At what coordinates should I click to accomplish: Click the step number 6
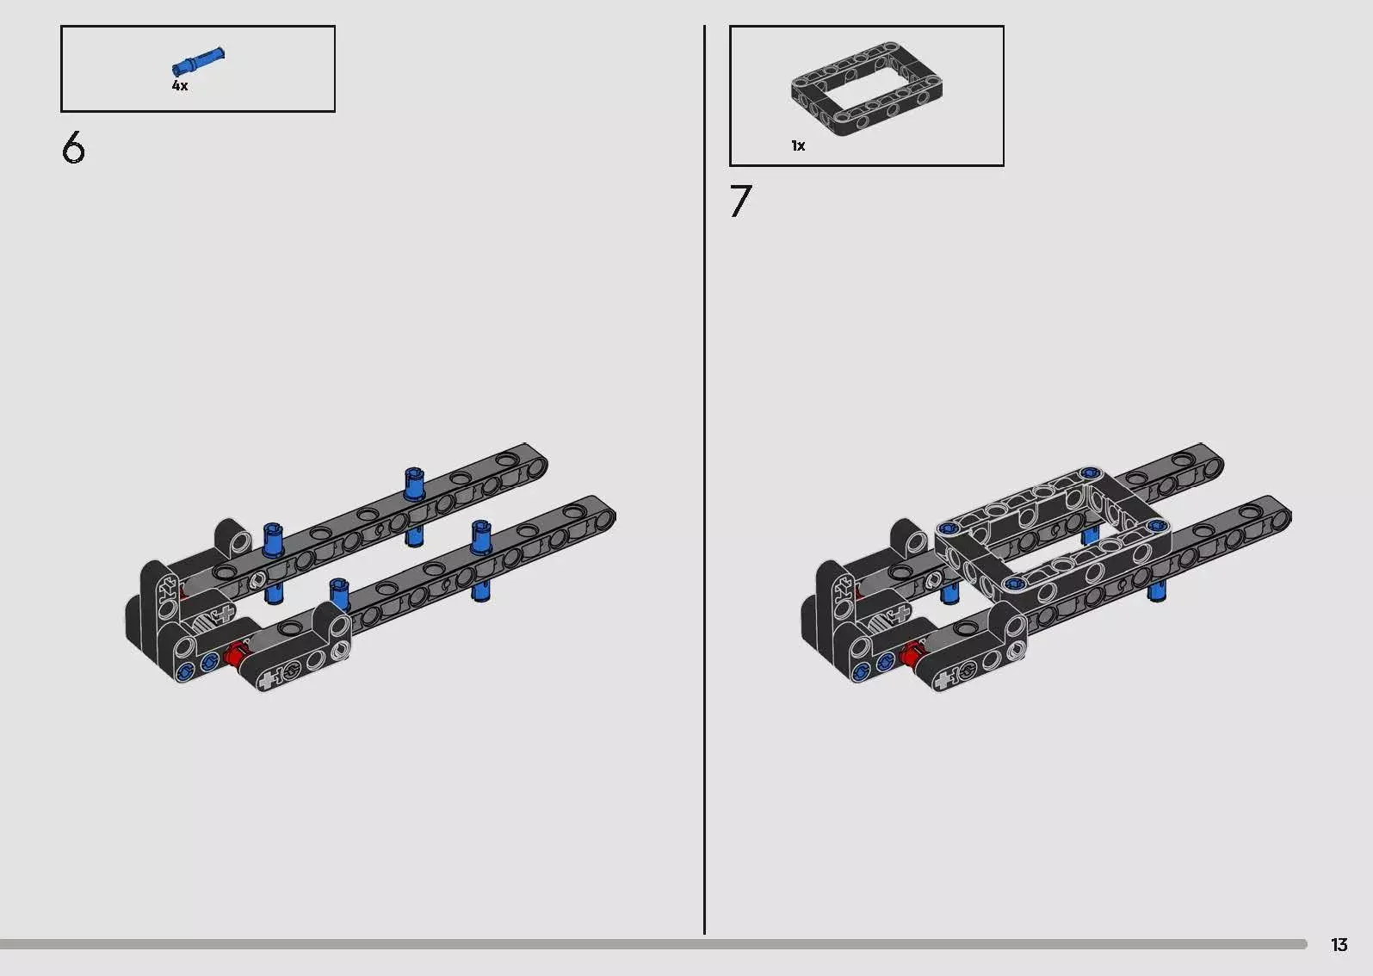pyautogui.click(x=73, y=148)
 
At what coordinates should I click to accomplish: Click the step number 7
pyautogui.click(x=740, y=201)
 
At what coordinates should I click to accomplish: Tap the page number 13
pyautogui.click(x=1339, y=945)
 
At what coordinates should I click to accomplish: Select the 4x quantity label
pyautogui.click(x=180, y=86)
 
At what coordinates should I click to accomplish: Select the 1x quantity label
pyautogui.click(x=798, y=145)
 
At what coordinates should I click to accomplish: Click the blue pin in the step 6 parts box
pyautogui.click(x=198, y=60)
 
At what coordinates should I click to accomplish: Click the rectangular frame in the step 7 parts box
pyautogui.click(x=867, y=89)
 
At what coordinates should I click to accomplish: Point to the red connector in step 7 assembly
pyautogui.click(x=911, y=654)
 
